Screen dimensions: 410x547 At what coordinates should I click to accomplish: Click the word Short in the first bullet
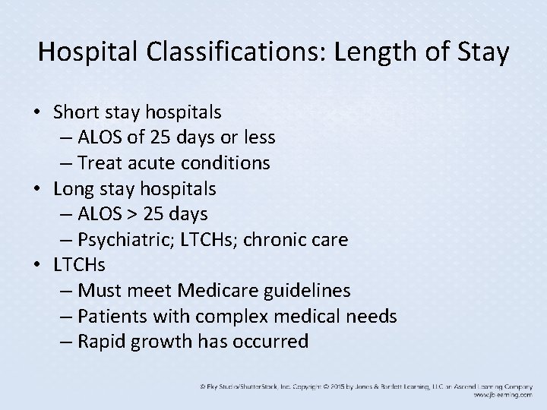(76, 112)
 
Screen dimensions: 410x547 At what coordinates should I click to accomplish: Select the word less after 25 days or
(258, 137)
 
